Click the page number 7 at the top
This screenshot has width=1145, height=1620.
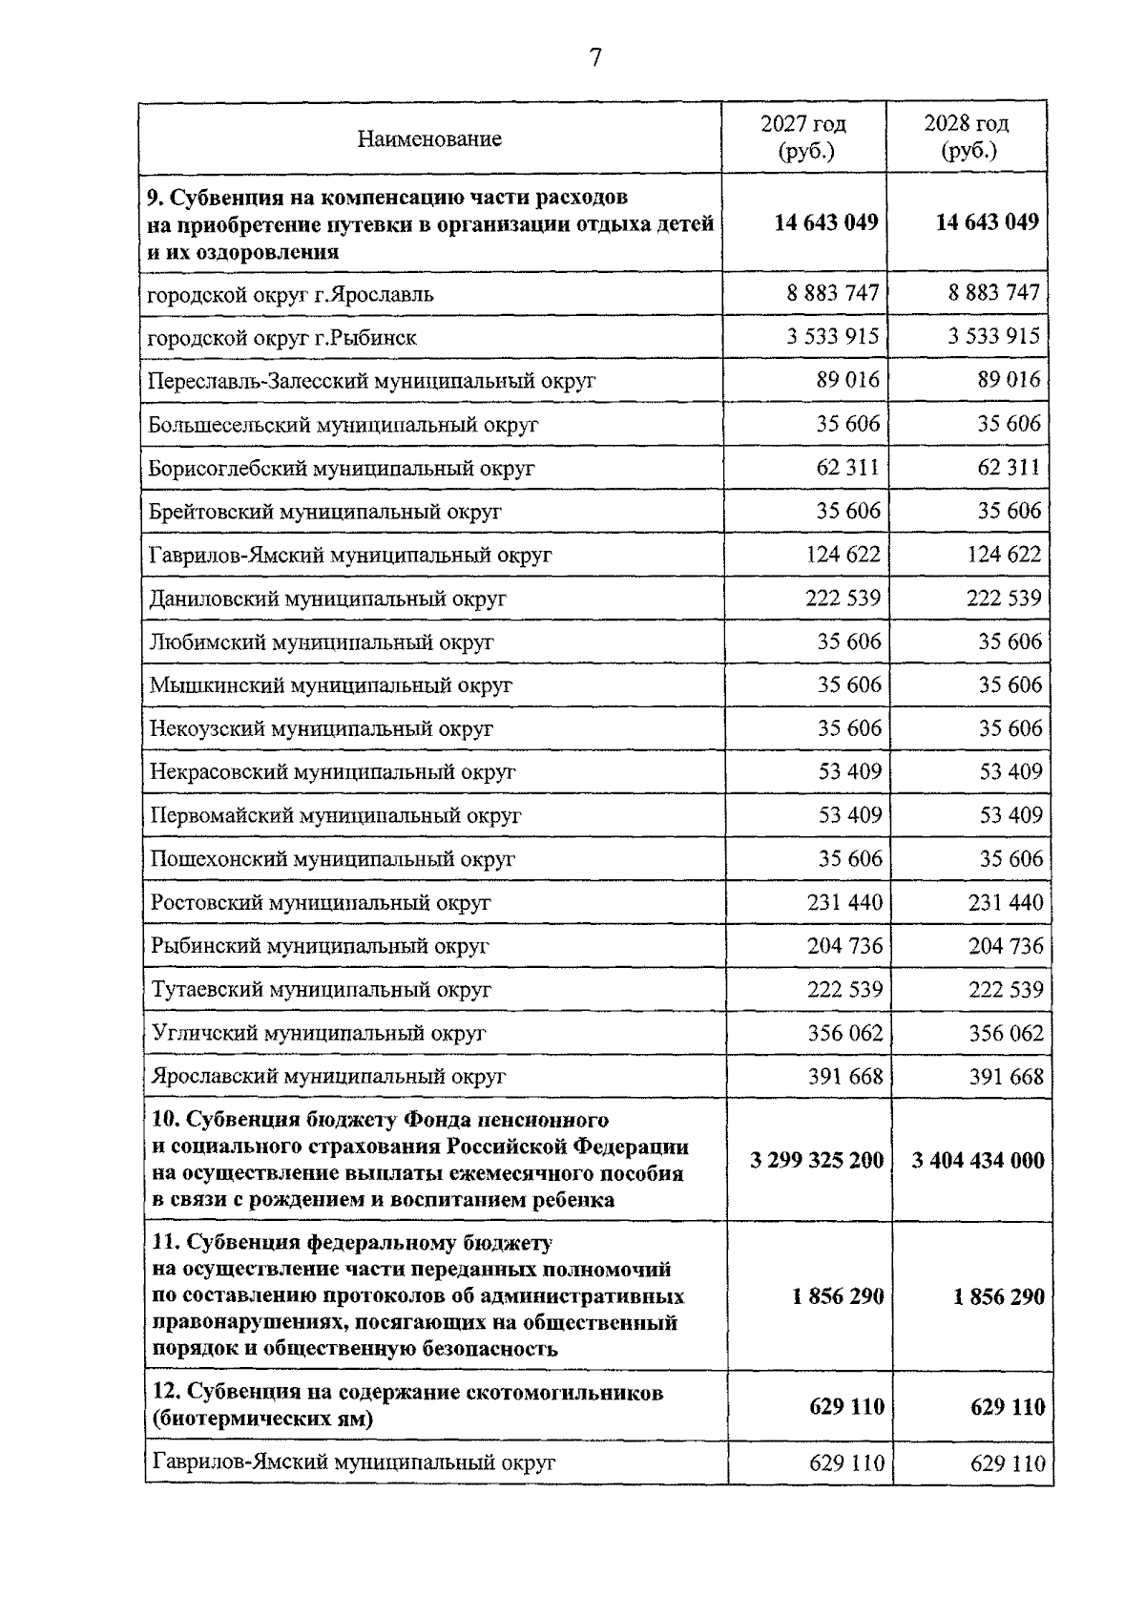[x=595, y=59]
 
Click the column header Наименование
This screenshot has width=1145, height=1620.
[x=429, y=139]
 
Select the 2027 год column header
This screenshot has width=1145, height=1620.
[x=803, y=137]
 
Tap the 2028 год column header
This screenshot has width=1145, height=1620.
[x=967, y=137]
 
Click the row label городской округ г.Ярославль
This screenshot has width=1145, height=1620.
[x=290, y=295]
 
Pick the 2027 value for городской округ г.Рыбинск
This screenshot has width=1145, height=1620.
[x=832, y=336]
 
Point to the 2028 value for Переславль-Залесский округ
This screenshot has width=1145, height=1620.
[x=1009, y=380]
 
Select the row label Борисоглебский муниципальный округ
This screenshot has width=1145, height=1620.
[x=342, y=469]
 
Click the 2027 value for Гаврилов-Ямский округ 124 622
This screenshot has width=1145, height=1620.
[x=843, y=555]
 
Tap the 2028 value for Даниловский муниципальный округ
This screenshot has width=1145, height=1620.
[x=1004, y=599]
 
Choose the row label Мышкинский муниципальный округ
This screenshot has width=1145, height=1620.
[x=331, y=685]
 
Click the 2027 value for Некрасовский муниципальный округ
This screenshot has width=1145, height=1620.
[x=849, y=771]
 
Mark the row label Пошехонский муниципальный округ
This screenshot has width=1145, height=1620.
[x=333, y=859]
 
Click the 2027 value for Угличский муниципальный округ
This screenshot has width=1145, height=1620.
[x=844, y=1033]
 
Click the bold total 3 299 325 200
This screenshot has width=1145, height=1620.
[x=817, y=1161]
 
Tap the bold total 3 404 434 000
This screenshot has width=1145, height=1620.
[x=978, y=1161]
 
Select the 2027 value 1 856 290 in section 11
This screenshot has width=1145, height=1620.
[x=837, y=1297]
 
